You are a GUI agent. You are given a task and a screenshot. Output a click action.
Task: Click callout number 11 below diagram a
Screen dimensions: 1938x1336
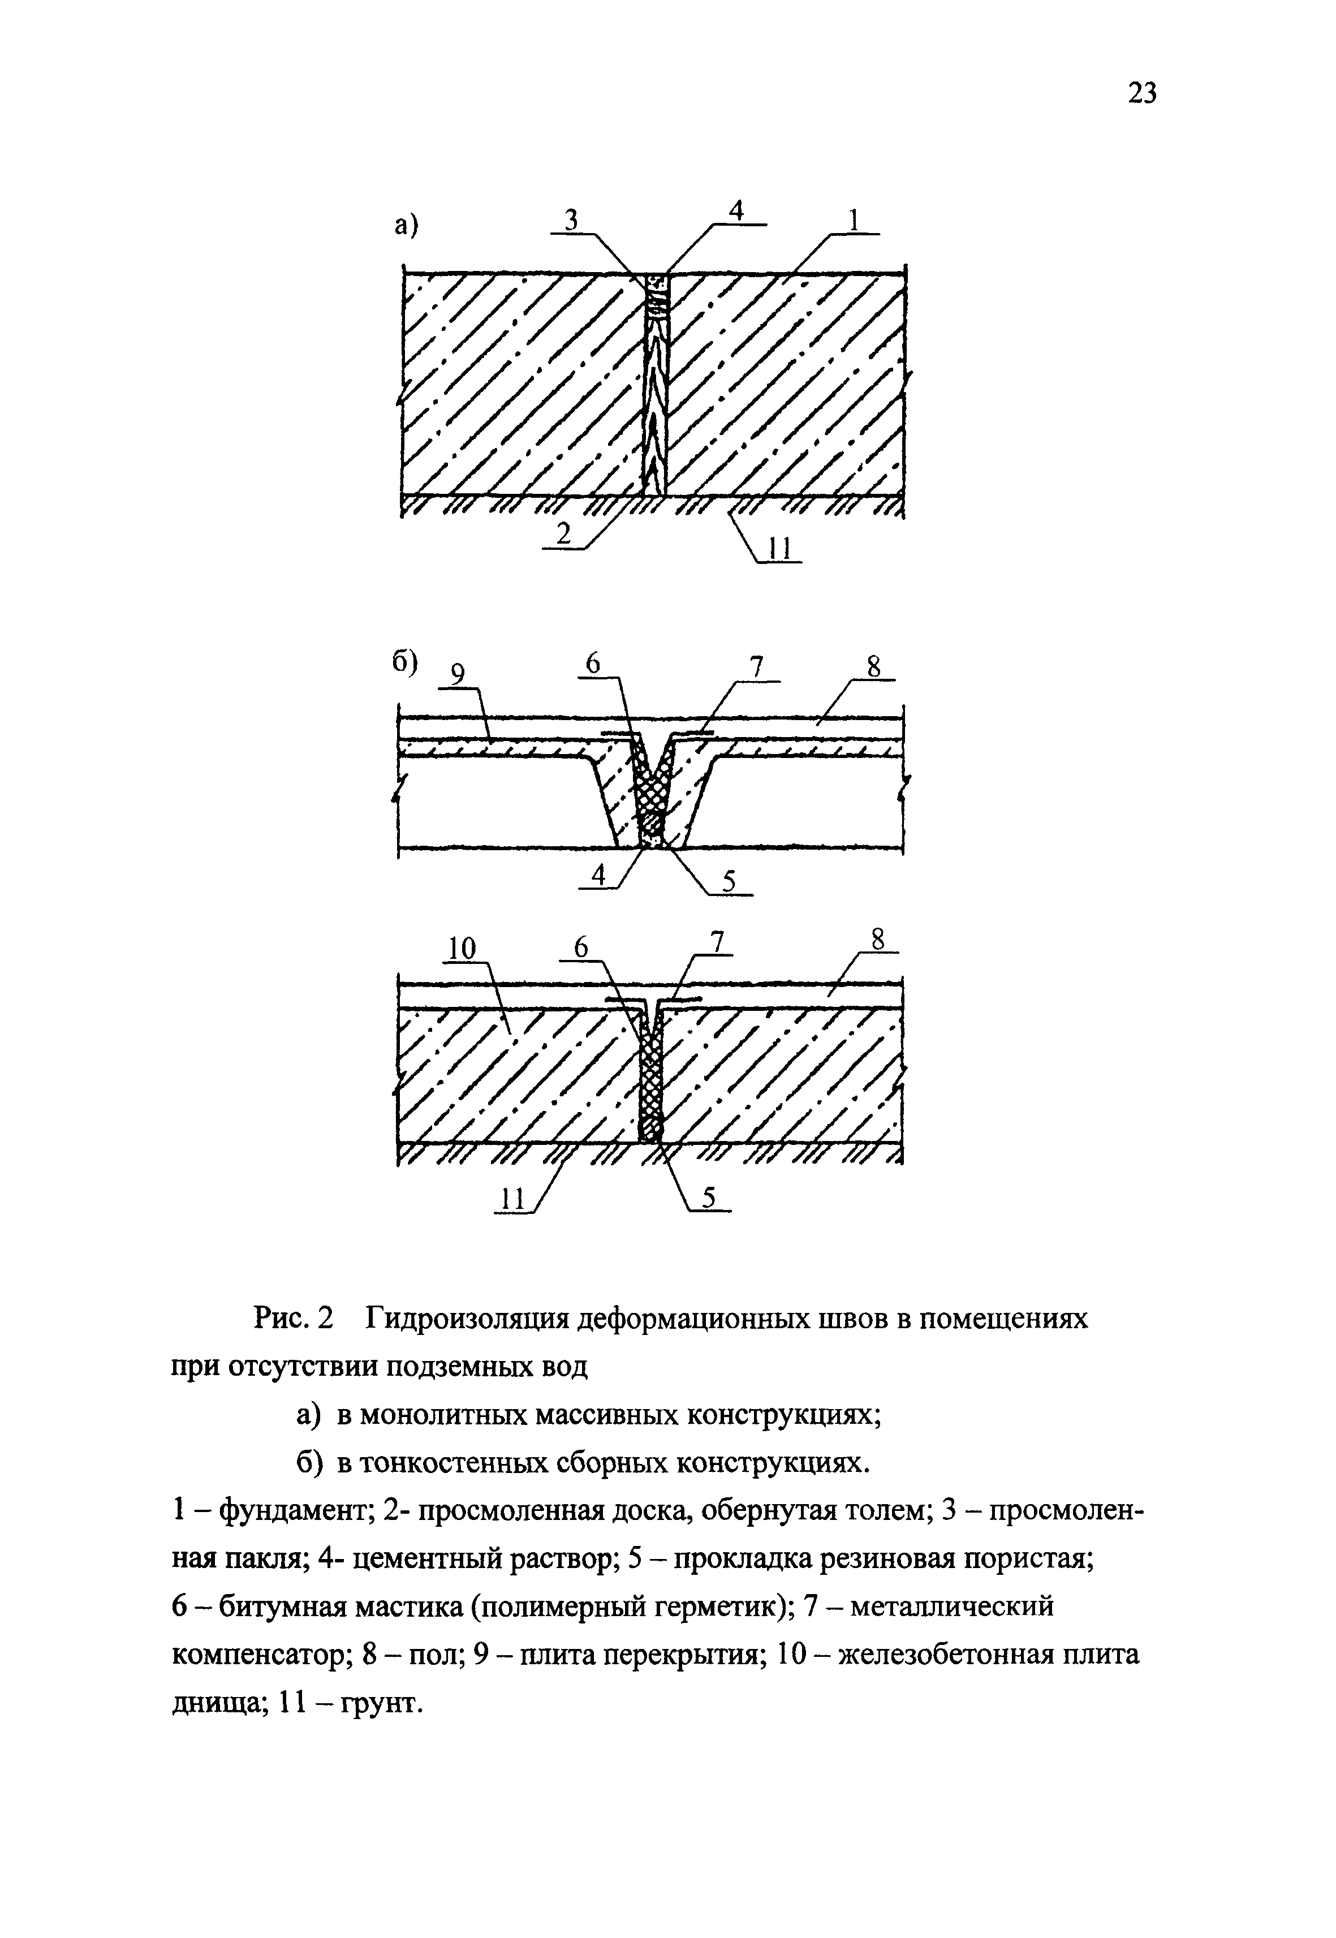[778, 549]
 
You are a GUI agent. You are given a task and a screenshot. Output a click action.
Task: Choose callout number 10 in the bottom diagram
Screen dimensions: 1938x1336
[462, 949]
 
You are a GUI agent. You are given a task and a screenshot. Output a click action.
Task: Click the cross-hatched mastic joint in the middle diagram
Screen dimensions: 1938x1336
[651, 787]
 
